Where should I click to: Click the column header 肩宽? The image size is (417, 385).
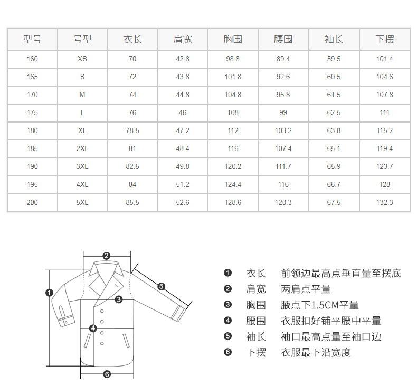point(183,39)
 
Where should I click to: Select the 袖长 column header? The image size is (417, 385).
point(334,39)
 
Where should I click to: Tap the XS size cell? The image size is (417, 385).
point(82,59)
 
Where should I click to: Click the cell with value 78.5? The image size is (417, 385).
point(132,130)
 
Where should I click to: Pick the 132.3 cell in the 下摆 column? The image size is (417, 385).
point(384,202)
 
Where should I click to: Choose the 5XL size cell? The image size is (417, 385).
point(82,202)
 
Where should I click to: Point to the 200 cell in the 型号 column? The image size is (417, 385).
point(32,202)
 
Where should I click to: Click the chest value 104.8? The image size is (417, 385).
point(233,95)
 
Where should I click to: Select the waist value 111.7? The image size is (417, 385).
point(283,166)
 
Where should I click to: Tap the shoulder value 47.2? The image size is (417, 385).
point(183,130)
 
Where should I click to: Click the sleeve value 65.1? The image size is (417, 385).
point(334,148)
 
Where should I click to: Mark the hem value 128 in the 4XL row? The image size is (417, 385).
point(384,184)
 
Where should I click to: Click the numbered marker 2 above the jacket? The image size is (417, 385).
point(106,256)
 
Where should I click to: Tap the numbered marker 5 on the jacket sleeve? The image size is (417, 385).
point(162,287)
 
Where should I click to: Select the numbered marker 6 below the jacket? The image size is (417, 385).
point(107,374)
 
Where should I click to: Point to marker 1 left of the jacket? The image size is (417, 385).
point(50,292)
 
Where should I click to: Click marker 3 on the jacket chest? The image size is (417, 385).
point(119,299)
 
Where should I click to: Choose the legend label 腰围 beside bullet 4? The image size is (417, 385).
point(256,321)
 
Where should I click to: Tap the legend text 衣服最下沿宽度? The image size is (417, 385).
point(316,352)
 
